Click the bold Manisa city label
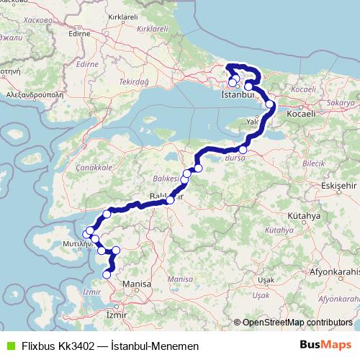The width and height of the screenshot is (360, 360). click(136, 284)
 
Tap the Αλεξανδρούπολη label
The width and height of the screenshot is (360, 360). click(33, 94)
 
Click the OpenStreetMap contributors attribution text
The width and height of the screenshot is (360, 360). click(297, 322)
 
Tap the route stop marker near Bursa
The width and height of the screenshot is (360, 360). click(243, 150)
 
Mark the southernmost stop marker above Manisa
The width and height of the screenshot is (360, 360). click(107, 274)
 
